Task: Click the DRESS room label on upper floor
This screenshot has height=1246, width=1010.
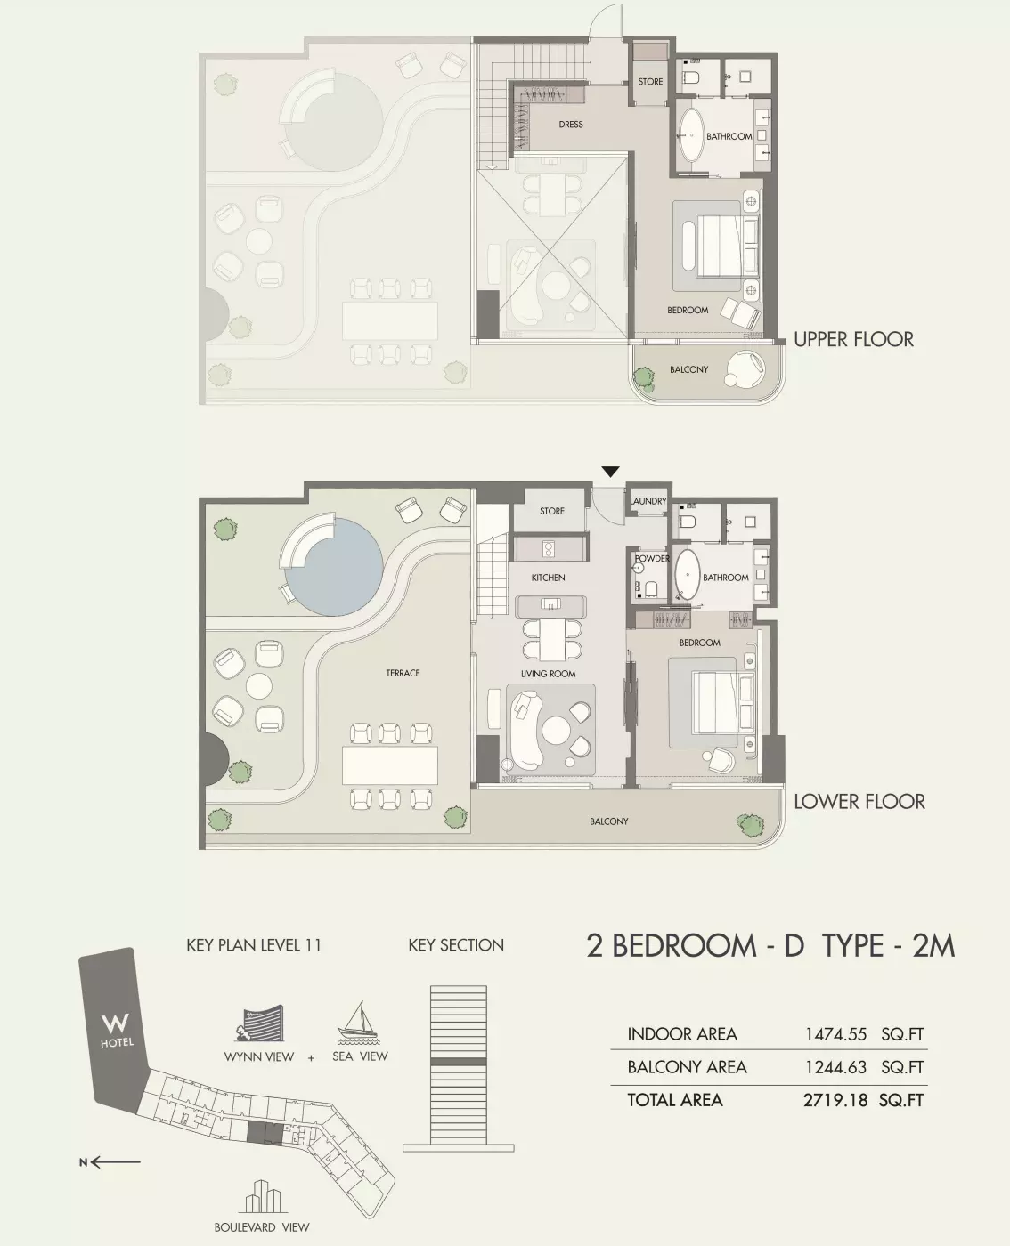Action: pyautogui.click(x=571, y=125)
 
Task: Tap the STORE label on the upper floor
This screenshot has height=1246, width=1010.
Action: pyautogui.click(x=650, y=82)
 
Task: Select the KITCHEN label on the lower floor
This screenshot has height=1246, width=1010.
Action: pyautogui.click(x=548, y=578)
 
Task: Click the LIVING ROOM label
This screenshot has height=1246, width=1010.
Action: pyautogui.click(x=548, y=674)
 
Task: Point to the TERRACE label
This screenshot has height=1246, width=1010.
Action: pyautogui.click(x=403, y=673)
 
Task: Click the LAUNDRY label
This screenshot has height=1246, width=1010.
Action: pyautogui.click(x=648, y=502)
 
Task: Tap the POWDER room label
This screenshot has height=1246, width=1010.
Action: pyautogui.click(x=652, y=559)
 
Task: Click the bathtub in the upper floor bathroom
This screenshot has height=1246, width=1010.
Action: pyautogui.click(x=690, y=135)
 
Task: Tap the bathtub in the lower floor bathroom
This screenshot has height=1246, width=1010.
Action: pyautogui.click(x=687, y=577)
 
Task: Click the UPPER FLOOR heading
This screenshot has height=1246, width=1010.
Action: pyautogui.click(x=852, y=339)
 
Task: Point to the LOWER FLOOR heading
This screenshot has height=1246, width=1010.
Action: pyautogui.click(x=859, y=801)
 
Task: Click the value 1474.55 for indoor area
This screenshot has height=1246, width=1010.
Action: pyautogui.click(x=835, y=1034)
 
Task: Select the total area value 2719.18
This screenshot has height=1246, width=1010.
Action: pyautogui.click(x=835, y=1100)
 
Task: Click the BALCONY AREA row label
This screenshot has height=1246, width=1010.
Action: pyautogui.click(x=687, y=1067)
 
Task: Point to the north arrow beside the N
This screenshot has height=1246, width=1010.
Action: pyautogui.click(x=117, y=1161)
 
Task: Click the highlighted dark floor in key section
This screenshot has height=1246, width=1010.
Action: pyautogui.click(x=458, y=1062)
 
